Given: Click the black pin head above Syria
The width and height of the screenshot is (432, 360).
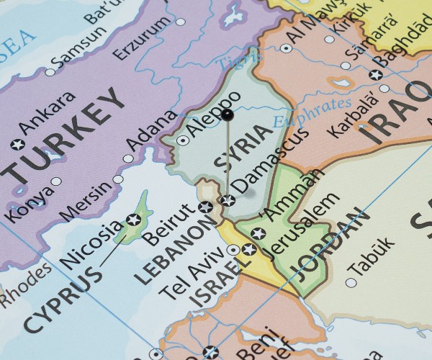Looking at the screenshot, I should (x=228, y=114).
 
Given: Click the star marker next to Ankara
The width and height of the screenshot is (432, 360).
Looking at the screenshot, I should (x=17, y=144).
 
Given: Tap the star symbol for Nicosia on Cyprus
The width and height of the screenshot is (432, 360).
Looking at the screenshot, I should (x=133, y=219).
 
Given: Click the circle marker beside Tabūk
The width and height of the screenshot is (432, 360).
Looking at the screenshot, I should (x=351, y=282).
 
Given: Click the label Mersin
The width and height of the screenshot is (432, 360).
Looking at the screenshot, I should (x=86, y=201).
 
